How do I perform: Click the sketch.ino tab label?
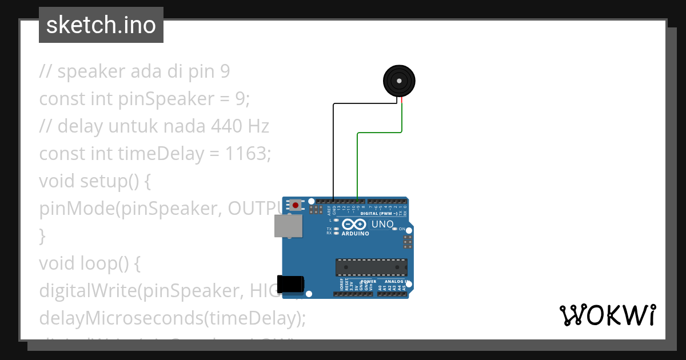tap(101, 25)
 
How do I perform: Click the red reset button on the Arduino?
tap(295, 205)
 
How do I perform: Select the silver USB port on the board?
tap(289, 226)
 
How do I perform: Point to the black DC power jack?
tap(290, 285)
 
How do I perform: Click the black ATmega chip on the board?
tap(372, 267)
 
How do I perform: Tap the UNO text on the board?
tap(382, 225)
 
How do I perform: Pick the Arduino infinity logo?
tap(354, 225)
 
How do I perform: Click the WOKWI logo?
tap(607, 315)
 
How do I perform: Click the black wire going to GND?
tap(333, 149)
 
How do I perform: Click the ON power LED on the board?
tap(394, 229)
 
